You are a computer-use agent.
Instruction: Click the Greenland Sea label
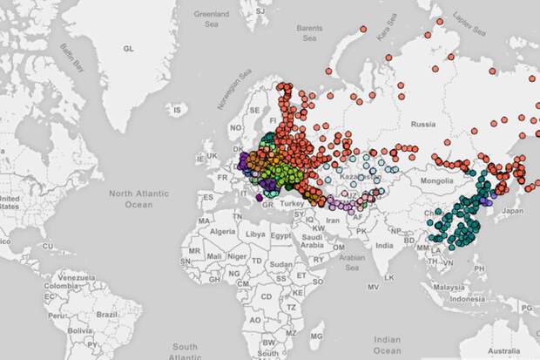tap(210, 18)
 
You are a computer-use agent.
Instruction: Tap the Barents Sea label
tap(309, 32)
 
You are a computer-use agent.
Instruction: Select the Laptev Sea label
tap(470, 24)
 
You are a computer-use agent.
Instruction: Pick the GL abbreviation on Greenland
tap(129, 50)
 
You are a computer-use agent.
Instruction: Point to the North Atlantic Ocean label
tap(132, 198)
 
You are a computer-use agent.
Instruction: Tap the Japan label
tap(512, 210)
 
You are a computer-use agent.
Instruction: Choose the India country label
tap(384, 246)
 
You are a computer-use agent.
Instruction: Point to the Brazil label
tap(108, 313)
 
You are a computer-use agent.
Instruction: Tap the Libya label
tap(255, 234)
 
